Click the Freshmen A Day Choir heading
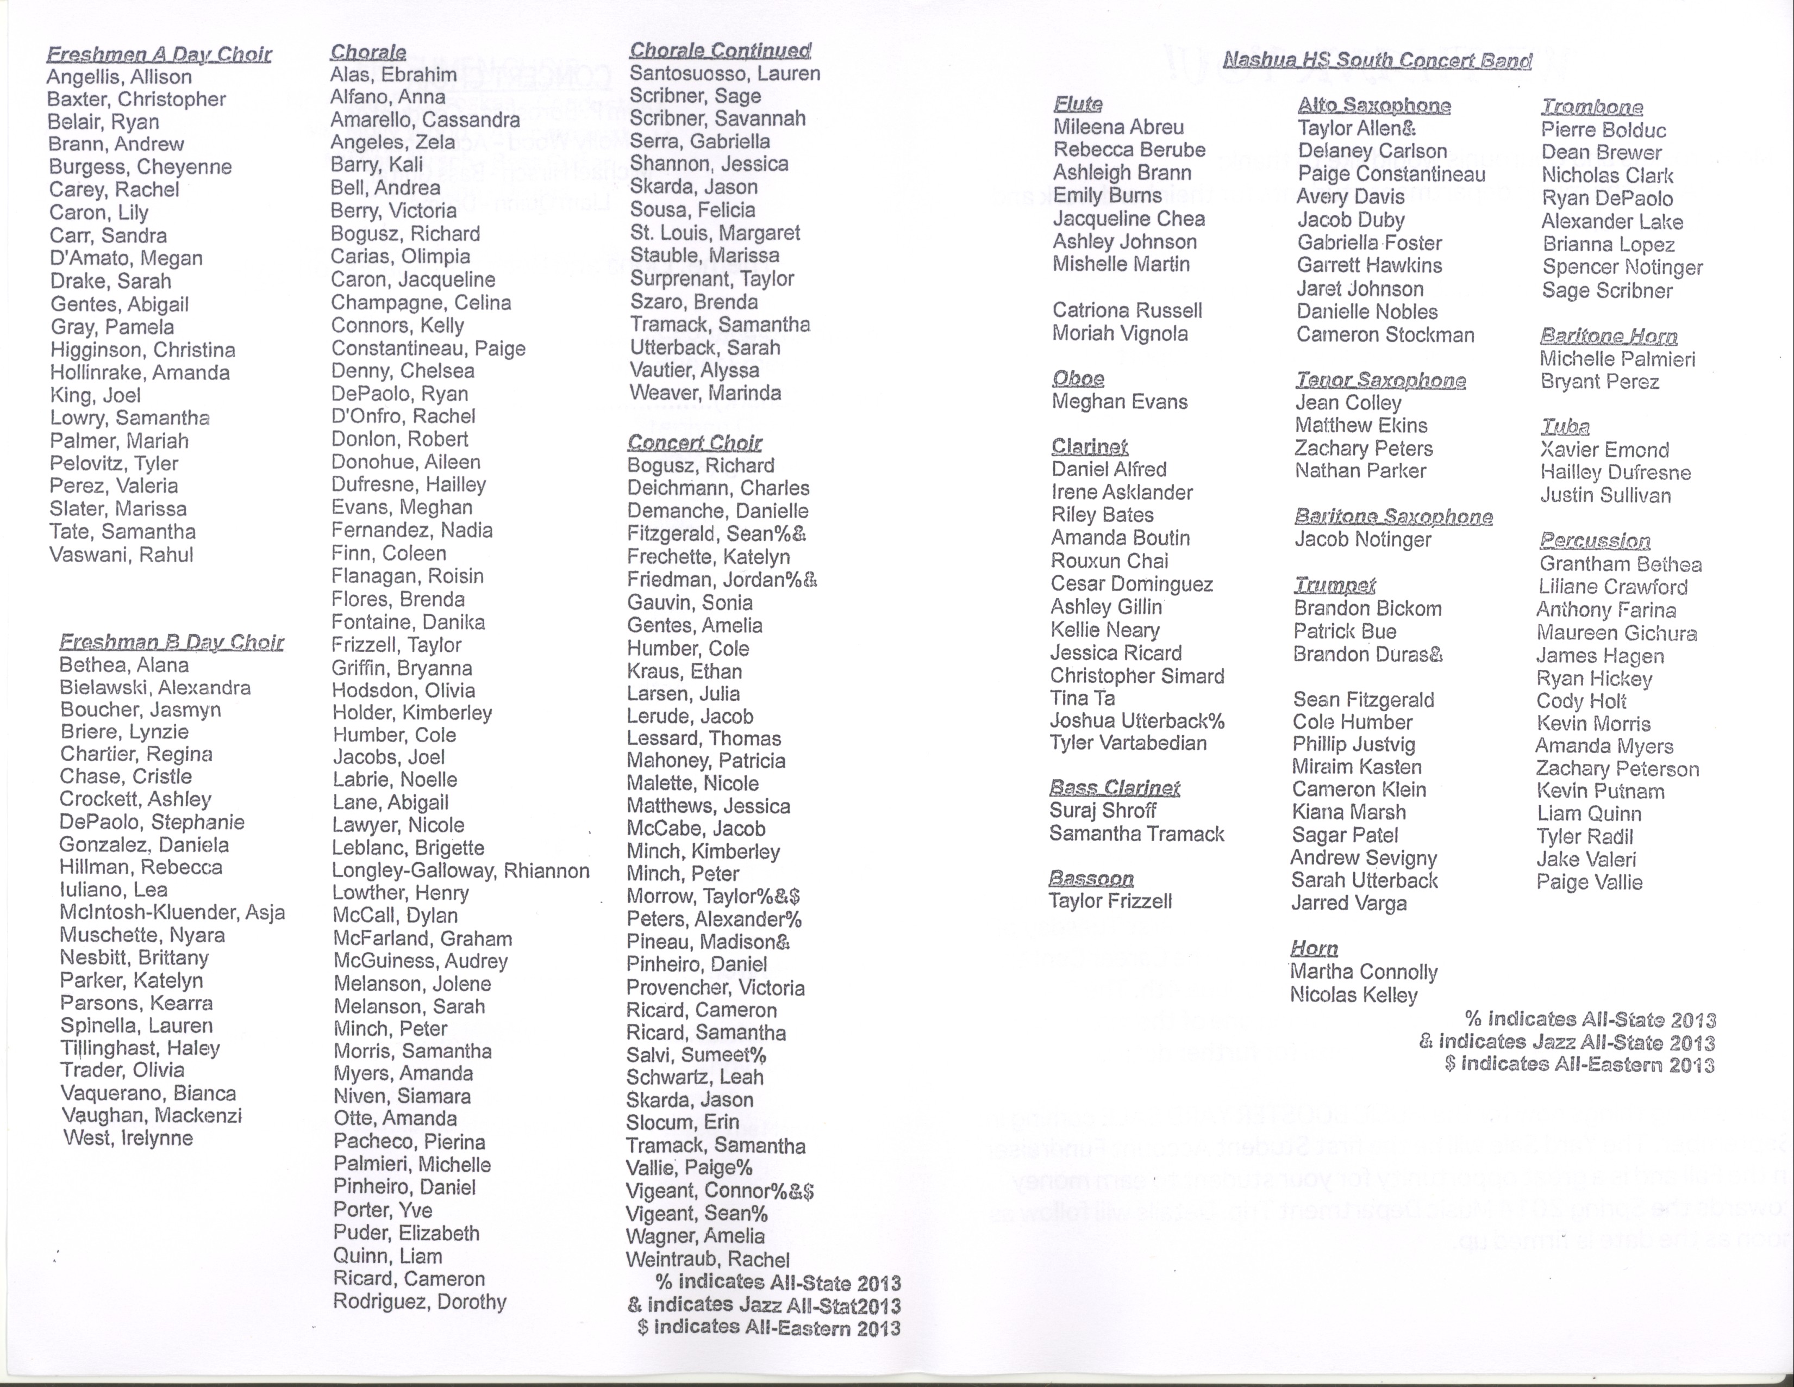tap(159, 55)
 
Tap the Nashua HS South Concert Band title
tap(1377, 60)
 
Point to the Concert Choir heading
tap(694, 443)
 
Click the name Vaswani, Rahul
tap(121, 555)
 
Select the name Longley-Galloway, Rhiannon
tap(460, 871)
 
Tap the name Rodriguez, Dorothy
tap(419, 1302)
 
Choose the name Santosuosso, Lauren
tap(724, 74)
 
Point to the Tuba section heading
tap(1565, 426)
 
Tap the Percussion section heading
tap(1595, 540)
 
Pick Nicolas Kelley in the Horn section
tap(1353, 995)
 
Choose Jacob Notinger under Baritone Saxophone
tap(1362, 540)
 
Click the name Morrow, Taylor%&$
tap(713, 897)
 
